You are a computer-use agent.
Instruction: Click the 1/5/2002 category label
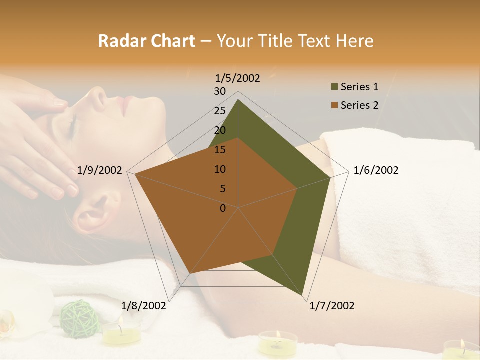point(238,78)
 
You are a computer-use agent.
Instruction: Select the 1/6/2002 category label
point(376,170)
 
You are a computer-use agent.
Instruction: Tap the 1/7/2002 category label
point(332,305)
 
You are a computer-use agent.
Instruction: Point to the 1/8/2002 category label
point(144,305)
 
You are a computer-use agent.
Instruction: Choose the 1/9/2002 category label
point(100,170)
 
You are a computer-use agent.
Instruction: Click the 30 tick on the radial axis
point(220,91)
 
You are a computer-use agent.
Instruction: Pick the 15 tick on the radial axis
point(220,150)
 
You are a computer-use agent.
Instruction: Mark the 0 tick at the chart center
point(223,208)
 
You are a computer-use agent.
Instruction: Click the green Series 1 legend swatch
point(334,87)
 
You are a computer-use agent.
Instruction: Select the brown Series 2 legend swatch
point(334,105)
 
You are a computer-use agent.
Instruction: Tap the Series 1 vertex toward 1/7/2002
point(303,296)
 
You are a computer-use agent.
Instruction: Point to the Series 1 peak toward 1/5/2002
point(238,100)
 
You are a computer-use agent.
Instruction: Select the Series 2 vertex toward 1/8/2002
point(190,273)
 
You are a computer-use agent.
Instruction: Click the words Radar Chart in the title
point(146,41)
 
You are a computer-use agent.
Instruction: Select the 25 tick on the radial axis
point(220,111)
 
